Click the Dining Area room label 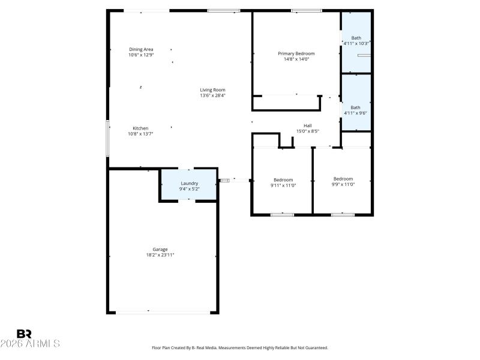(141, 49)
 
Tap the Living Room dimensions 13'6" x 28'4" (213, 95)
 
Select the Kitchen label (140, 128)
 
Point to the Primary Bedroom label (296, 53)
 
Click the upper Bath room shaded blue (356, 42)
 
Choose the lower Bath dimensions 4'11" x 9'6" (355, 113)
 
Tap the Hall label (307, 125)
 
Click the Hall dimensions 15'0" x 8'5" (307, 131)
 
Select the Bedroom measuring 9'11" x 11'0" (283, 182)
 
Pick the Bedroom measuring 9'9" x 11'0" (343, 181)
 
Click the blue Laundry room (189, 185)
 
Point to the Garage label (160, 249)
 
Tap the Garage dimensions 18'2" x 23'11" (160, 255)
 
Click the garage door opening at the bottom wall (163, 312)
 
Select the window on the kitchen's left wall (108, 139)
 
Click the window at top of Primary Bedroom (307, 10)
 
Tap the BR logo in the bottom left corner (24, 334)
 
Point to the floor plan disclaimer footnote (240, 347)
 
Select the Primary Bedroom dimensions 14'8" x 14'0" (296, 59)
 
